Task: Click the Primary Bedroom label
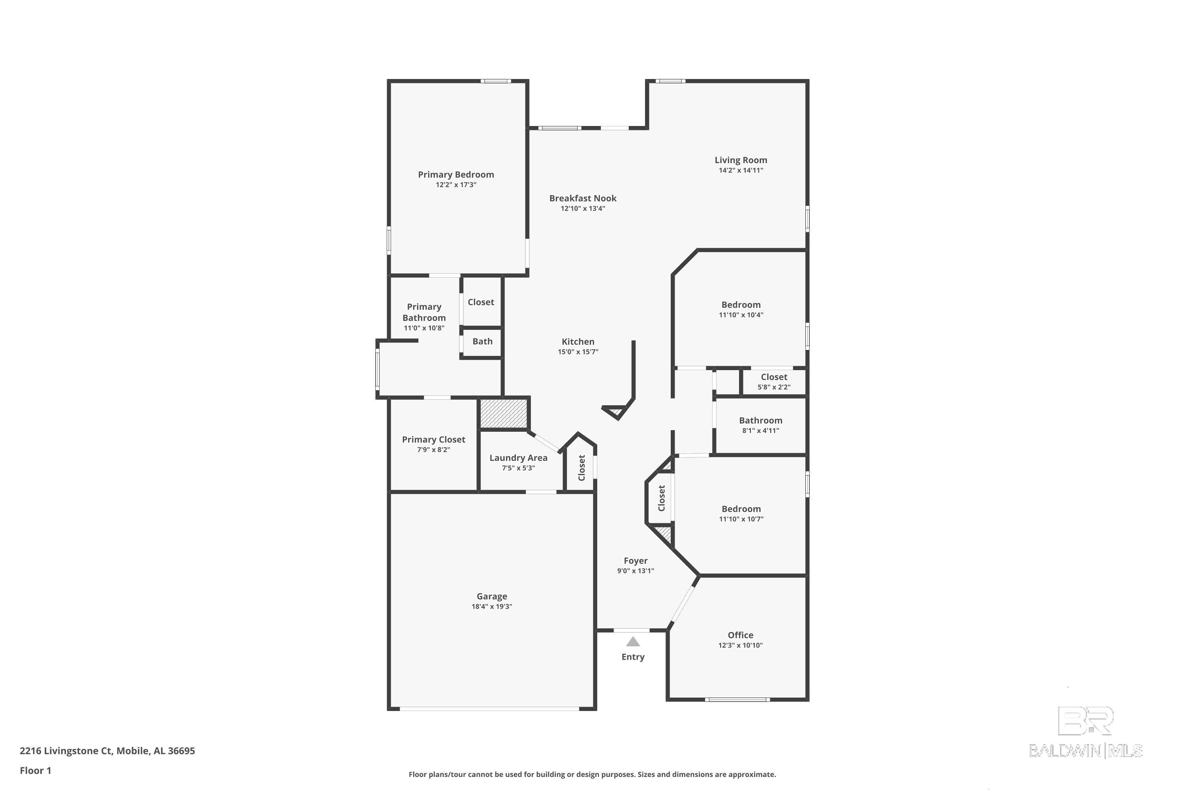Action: (x=455, y=174)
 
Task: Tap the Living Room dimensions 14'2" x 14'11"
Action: (x=741, y=170)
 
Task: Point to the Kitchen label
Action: (x=578, y=341)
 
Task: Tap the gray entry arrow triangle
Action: (x=633, y=641)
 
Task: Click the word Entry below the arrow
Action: (x=633, y=656)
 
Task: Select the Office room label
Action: (x=740, y=635)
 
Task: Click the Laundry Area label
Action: (x=518, y=457)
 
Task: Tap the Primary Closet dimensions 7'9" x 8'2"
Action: (x=433, y=450)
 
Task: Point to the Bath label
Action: (x=482, y=341)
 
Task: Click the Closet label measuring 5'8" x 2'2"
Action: (x=774, y=377)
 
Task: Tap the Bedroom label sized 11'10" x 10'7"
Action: (x=741, y=508)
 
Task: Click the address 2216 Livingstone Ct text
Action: (x=66, y=751)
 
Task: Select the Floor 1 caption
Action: (x=35, y=770)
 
